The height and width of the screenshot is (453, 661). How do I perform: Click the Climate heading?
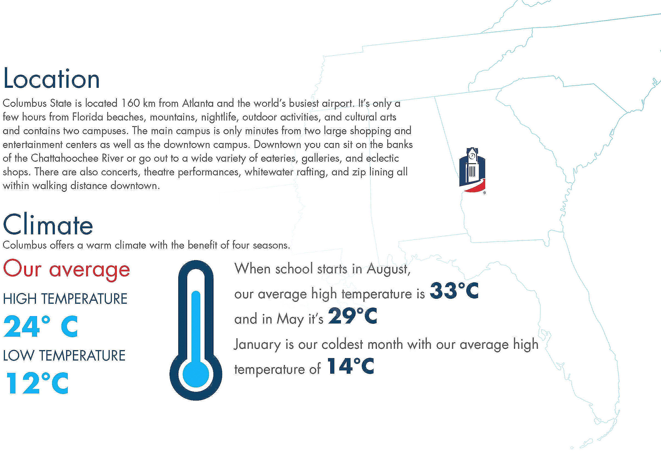(48, 224)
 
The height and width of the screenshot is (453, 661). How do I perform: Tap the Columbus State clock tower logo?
(472, 171)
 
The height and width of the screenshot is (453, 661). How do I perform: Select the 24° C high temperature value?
(40, 326)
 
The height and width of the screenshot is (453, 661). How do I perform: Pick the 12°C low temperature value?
(37, 383)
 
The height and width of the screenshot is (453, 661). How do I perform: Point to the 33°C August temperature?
(454, 291)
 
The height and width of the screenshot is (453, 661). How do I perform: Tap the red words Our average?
(67, 269)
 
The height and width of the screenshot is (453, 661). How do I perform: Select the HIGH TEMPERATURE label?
(65, 299)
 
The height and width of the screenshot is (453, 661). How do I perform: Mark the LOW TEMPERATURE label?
(64, 355)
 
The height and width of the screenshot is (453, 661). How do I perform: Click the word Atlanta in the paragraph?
(198, 103)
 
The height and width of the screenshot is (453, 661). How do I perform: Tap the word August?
(389, 269)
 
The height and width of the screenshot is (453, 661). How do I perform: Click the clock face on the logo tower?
(472, 156)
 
